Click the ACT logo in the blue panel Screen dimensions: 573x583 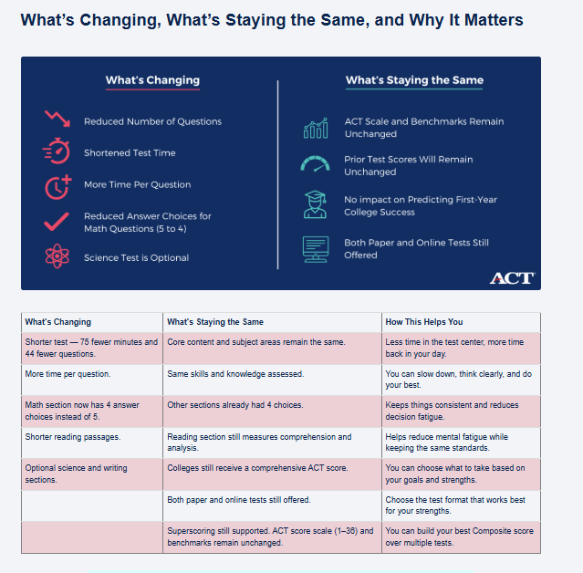coord(511,277)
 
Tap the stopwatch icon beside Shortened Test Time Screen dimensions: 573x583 coord(57,152)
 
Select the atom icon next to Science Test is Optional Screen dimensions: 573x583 coord(57,257)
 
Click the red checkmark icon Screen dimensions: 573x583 coord(57,222)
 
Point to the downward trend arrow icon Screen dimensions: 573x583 coord(57,120)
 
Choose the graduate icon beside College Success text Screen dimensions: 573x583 coord(315,204)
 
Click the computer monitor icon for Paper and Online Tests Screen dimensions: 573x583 coord(315,248)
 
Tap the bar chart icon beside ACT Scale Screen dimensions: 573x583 coord(315,128)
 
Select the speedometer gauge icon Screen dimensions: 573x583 coord(315,165)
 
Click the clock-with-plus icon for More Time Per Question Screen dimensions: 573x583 coord(57,185)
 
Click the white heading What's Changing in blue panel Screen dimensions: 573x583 coord(152,80)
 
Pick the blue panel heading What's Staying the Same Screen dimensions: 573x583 coord(414,80)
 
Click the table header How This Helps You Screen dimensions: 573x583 coord(424,322)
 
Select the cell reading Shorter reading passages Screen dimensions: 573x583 coord(72,437)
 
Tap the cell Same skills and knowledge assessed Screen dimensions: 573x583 coord(235,374)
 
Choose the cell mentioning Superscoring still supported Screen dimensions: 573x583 coord(271,537)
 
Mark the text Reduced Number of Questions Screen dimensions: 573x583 coord(152,121)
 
